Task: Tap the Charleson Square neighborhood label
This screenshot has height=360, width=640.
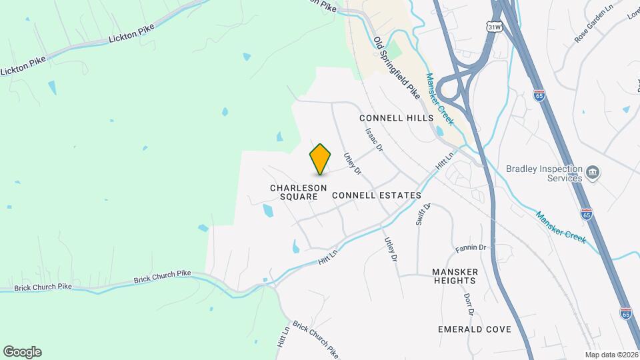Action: pyautogui.click(x=298, y=192)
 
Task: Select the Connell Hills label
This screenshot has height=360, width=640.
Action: pyautogui.click(x=396, y=118)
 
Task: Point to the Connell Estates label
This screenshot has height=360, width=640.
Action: pyautogui.click(x=376, y=195)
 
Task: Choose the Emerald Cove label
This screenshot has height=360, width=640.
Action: pyautogui.click(x=475, y=329)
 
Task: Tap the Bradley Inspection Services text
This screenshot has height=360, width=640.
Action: pyautogui.click(x=544, y=174)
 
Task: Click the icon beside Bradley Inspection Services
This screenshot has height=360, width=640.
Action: pyautogui.click(x=593, y=175)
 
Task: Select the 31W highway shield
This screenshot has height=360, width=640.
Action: pyautogui.click(x=494, y=27)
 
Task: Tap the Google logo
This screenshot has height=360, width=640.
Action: pyautogui.click(x=22, y=352)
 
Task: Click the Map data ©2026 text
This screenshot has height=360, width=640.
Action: pyautogui.click(x=611, y=355)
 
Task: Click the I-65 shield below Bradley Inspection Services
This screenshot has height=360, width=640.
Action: pyautogui.click(x=586, y=214)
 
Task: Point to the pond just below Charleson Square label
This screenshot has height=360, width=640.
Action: pyautogui.click(x=268, y=211)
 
